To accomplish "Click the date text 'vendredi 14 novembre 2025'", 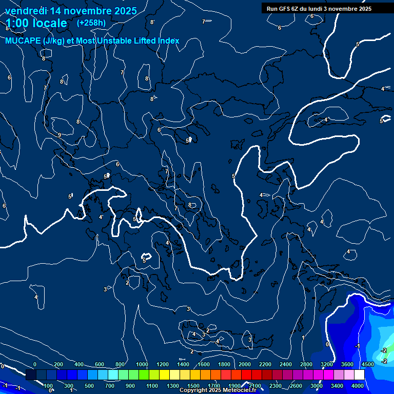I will pos(71,11).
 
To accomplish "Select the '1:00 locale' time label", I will pos(36,23).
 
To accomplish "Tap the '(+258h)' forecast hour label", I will pos(91,23).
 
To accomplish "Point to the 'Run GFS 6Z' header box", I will pos(319,8).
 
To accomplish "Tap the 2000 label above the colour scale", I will pos(245,364).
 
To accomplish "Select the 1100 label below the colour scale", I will pos(152,386).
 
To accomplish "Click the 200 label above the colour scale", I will pos(58,364).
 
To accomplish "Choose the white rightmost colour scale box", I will pos(359,375).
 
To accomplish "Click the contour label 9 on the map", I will pos(60,135).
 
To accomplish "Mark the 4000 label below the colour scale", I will pos(358,386).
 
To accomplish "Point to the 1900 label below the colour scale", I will pos(234,386).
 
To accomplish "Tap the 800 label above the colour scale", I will pos(121,364).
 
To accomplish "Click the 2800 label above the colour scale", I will pos(306,364).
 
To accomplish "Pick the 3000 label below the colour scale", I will pos(317,386).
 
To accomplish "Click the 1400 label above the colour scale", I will pos(183,364).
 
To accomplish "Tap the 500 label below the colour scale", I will pos(90,386).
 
